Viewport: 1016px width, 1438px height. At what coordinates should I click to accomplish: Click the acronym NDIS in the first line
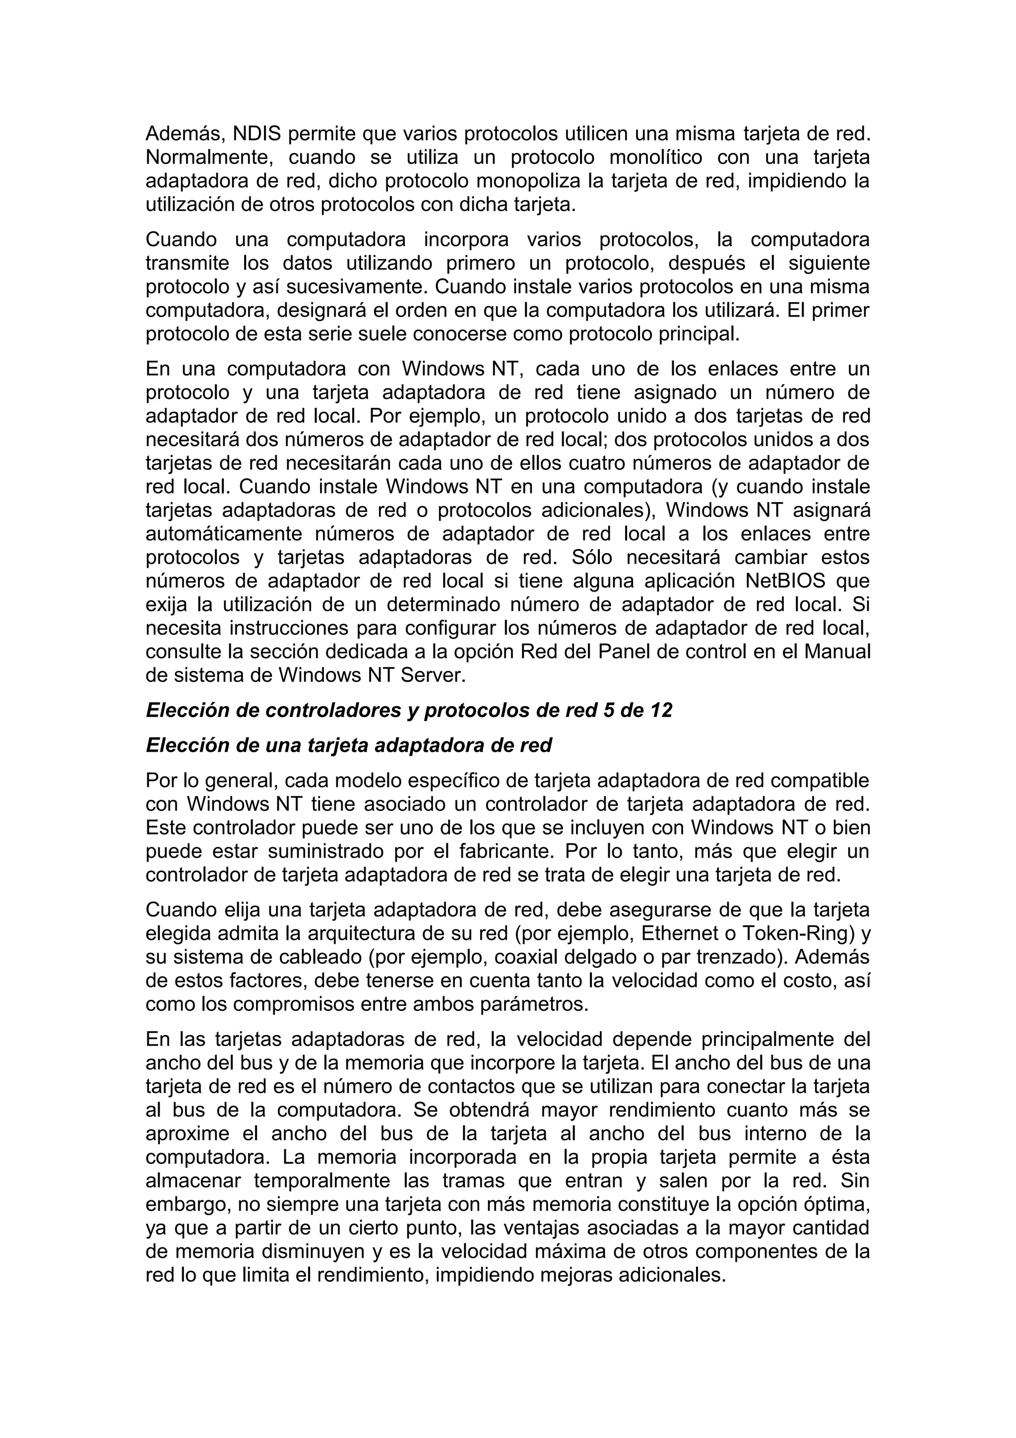click(256, 134)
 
